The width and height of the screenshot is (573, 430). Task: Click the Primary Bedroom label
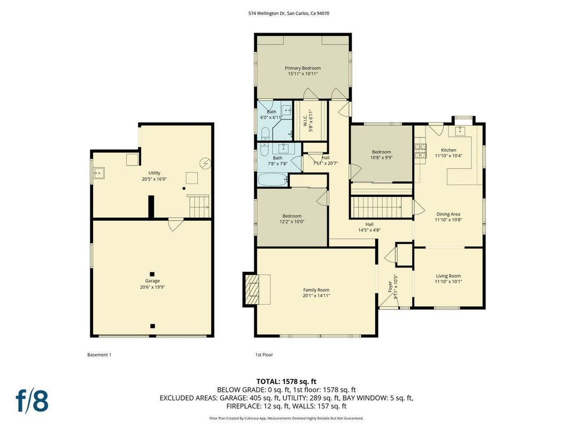pos(303,68)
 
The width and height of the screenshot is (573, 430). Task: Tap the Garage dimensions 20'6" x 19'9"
pos(152,287)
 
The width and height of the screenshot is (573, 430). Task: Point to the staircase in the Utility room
pos(198,206)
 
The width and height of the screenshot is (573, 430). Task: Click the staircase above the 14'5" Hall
pos(376,206)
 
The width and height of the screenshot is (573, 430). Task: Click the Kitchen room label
pos(448,150)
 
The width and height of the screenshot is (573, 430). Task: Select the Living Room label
pos(448,276)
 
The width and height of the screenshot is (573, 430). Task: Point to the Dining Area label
pos(448,214)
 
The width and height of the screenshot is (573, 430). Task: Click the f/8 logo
pos(32,401)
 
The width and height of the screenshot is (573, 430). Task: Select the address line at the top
pos(286,13)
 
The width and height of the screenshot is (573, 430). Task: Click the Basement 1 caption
pos(99,355)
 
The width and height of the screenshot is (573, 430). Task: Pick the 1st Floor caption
pos(264,355)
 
